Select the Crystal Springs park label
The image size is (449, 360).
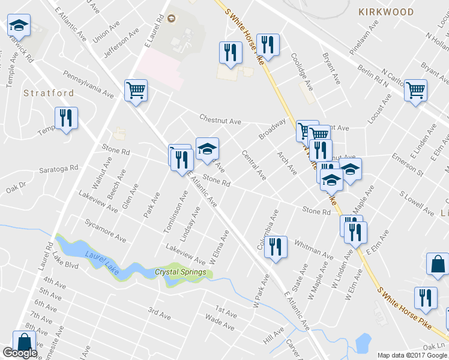(x=181, y=272)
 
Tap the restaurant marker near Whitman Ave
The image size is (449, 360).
(x=276, y=247)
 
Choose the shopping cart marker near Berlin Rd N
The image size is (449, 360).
(x=415, y=91)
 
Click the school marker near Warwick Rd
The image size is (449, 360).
(x=19, y=26)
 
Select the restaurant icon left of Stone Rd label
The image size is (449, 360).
(x=182, y=160)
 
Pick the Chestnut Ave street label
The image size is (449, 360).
(x=220, y=121)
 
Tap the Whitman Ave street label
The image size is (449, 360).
(x=314, y=248)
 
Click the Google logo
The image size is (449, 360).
(x=20, y=353)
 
